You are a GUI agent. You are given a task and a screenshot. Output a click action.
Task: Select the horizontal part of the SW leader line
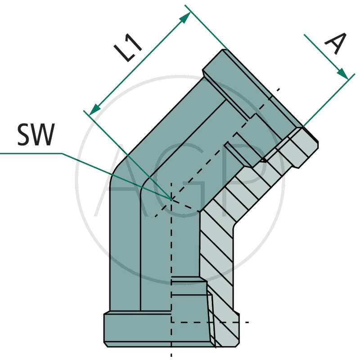click(31, 154)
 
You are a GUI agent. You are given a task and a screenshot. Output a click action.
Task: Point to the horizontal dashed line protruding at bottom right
click(241, 322)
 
